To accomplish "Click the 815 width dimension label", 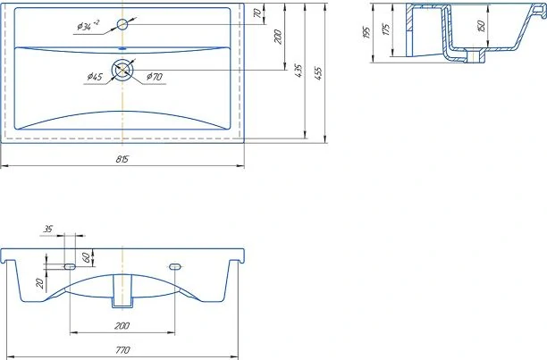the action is tap(122, 159).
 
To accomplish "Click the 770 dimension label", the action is tap(122, 349).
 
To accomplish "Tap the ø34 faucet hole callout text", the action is tap(88, 26).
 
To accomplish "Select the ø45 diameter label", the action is tap(95, 77).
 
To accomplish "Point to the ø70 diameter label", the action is tap(155, 77).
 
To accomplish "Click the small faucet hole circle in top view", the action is tap(122, 24).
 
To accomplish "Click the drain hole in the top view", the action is tap(122, 70).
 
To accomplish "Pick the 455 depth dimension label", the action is tap(318, 73).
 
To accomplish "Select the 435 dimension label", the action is tap(299, 71).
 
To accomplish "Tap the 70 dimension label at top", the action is tap(257, 13).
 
